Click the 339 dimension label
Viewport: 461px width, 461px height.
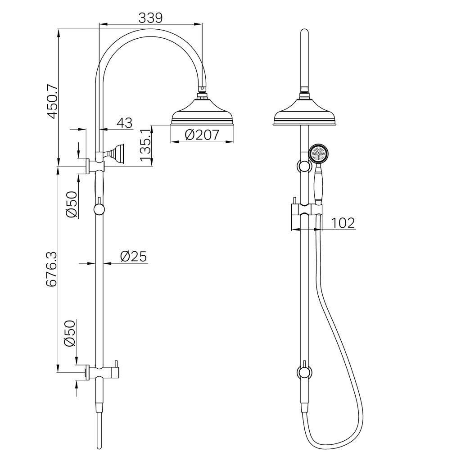[x=150, y=18]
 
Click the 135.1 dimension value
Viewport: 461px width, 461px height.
[x=145, y=147]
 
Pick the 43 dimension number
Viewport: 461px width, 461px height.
[x=124, y=123]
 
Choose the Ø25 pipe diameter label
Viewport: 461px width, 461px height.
[x=133, y=257]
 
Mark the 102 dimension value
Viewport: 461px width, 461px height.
[x=343, y=223]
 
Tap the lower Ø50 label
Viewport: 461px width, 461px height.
[x=70, y=334]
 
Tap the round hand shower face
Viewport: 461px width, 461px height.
[x=319, y=154]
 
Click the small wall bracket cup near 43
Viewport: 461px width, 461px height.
[x=118, y=153]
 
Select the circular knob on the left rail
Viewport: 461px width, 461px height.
[x=99, y=209]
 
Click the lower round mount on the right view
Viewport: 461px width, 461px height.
[x=305, y=372]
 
